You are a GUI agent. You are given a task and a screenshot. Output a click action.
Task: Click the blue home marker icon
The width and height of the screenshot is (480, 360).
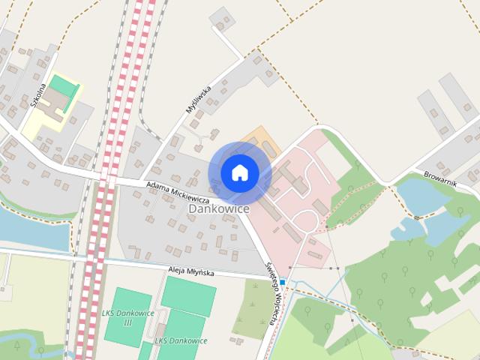click(x=239, y=172)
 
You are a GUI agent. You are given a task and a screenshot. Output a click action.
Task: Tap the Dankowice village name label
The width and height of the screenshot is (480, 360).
click(x=219, y=208)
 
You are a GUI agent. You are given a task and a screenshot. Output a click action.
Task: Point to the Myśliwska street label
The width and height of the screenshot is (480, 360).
click(x=199, y=99)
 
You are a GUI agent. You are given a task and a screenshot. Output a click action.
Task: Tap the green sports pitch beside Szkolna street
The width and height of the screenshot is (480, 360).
click(x=64, y=88)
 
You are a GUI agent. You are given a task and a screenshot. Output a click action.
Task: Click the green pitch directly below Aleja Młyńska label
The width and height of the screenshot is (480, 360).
click(x=188, y=295)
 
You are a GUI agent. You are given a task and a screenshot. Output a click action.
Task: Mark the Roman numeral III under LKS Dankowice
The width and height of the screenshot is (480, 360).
click(x=127, y=322)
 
